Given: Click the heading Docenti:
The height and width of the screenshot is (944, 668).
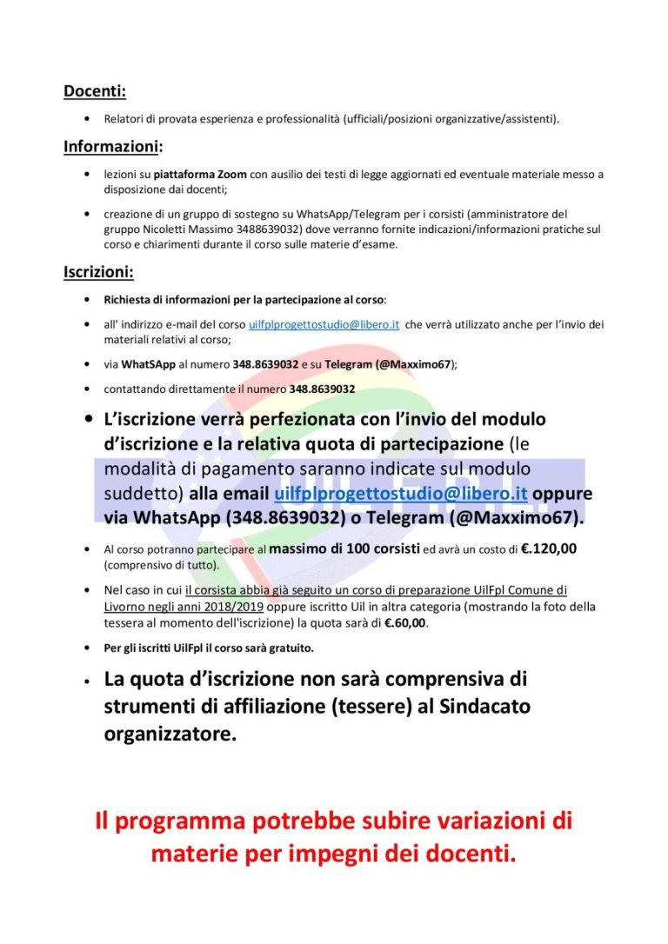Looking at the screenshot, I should click(95, 90).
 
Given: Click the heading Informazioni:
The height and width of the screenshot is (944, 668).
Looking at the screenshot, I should click(113, 146).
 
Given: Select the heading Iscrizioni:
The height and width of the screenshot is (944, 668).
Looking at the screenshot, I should click(98, 272).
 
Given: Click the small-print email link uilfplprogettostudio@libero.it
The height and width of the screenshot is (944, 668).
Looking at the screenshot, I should click(324, 324).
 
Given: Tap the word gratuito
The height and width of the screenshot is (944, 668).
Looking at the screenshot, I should click(288, 648).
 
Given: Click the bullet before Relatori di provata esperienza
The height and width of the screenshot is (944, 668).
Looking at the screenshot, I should click(86, 118).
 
